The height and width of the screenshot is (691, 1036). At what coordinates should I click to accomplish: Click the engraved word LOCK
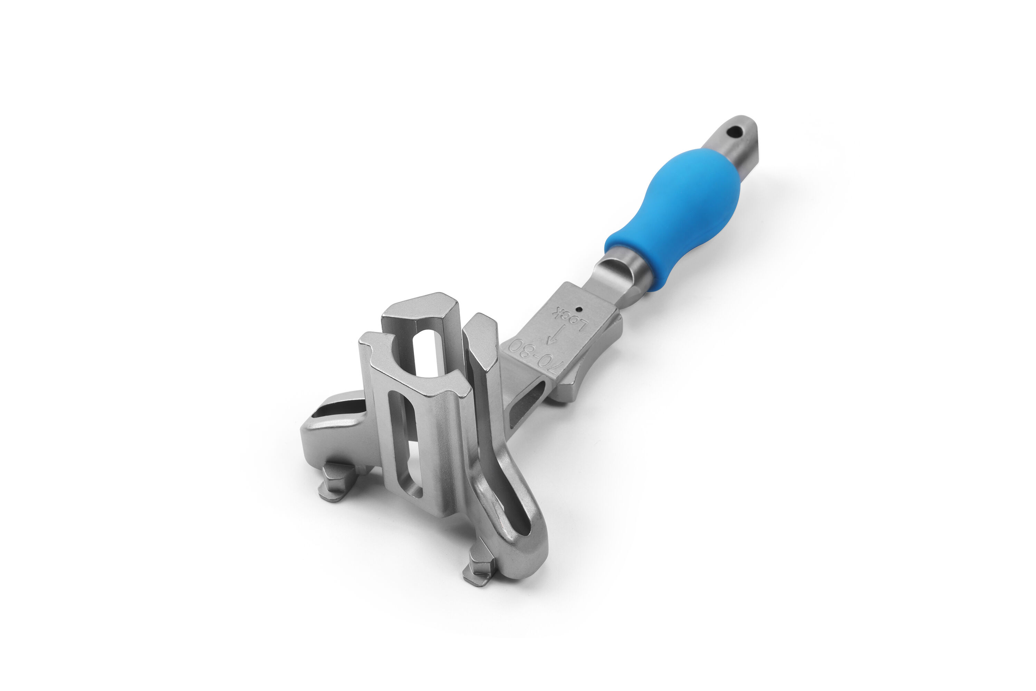[x=570, y=319]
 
